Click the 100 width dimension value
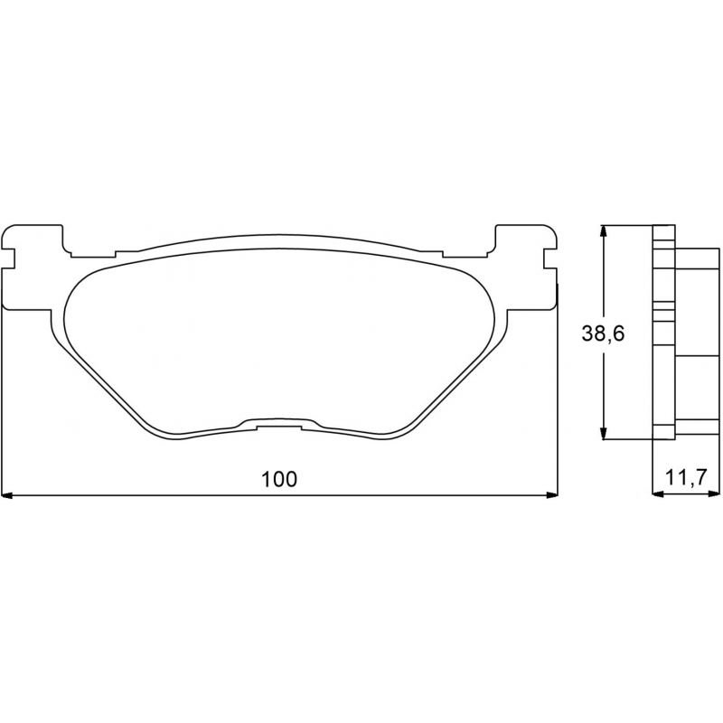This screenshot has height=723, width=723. (x=279, y=480)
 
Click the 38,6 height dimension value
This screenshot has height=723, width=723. (x=603, y=333)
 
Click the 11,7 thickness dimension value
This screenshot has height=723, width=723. (x=686, y=478)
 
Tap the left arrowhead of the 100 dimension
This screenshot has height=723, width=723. (x=6, y=495)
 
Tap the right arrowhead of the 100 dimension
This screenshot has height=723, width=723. (x=552, y=495)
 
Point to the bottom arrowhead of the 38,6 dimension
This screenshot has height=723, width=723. (x=603, y=434)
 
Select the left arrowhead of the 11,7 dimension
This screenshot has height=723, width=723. (x=658, y=493)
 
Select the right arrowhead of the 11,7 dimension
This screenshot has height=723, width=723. (x=714, y=493)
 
